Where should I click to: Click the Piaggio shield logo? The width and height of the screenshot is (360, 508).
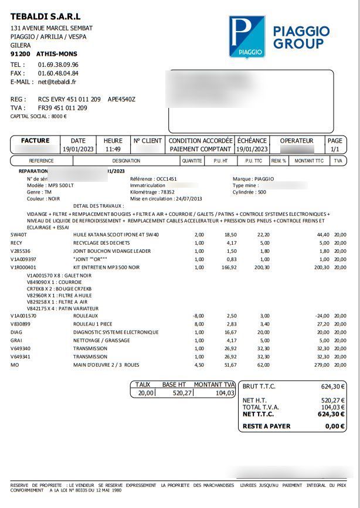[247, 37]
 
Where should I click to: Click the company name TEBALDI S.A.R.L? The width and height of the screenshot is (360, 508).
[46, 16]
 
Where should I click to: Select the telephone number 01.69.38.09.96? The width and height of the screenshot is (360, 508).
[58, 65]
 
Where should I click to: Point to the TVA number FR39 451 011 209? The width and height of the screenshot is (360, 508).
[63, 108]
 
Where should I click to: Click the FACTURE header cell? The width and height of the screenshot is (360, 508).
[35, 141]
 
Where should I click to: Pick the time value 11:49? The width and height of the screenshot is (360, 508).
[113, 150]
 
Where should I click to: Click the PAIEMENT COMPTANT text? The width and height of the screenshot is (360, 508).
[201, 150]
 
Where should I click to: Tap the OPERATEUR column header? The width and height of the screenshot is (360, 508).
[297, 141]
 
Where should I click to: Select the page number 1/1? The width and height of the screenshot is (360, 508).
[335, 150]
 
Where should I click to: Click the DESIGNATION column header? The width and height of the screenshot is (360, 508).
[126, 161]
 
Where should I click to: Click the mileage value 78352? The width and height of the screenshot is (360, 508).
[168, 192]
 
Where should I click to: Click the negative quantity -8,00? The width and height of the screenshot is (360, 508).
[198, 316]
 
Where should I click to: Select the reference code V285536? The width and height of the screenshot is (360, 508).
[23, 250]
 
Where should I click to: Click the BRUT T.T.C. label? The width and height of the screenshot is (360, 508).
[259, 386]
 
